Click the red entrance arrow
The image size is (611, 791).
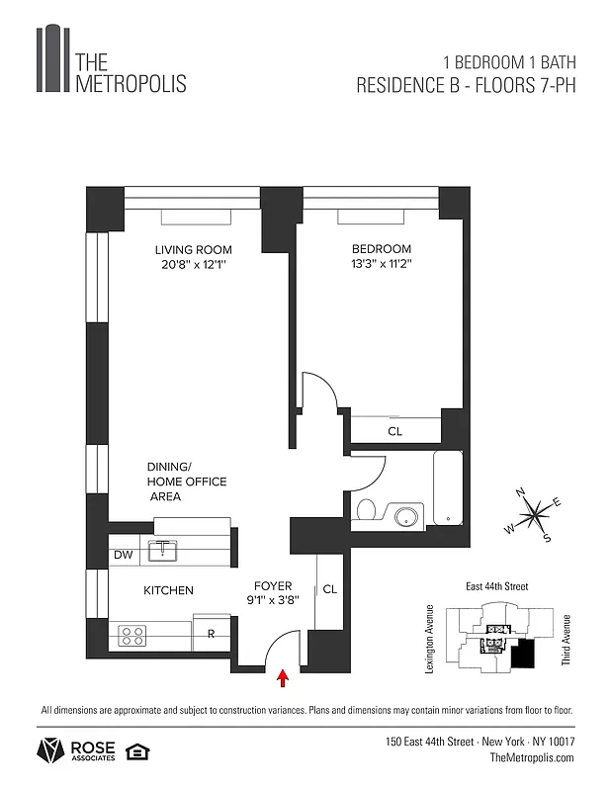coord(284,677)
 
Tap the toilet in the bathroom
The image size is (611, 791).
coord(366,511)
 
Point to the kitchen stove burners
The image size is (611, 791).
coord(132,636)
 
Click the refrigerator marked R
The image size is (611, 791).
coord(212,632)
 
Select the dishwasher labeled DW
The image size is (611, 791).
coord(124,555)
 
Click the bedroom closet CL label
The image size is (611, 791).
coord(394,431)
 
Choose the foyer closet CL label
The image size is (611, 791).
coord(330,589)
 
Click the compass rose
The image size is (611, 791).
coord(535,512)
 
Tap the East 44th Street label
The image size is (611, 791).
coord(496,586)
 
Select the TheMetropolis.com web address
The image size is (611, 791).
coord(532,757)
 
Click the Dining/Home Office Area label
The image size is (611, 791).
coord(187,482)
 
